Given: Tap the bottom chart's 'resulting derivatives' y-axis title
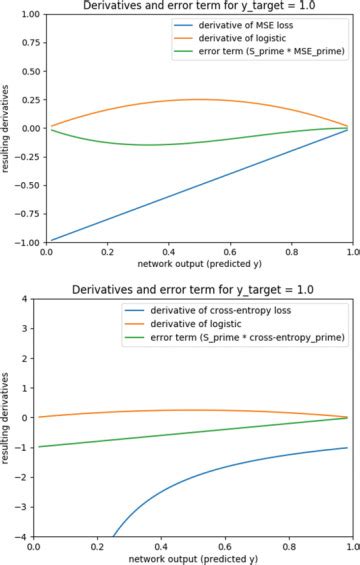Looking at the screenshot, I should point(8,418).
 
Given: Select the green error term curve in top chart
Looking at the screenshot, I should point(150,144).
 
